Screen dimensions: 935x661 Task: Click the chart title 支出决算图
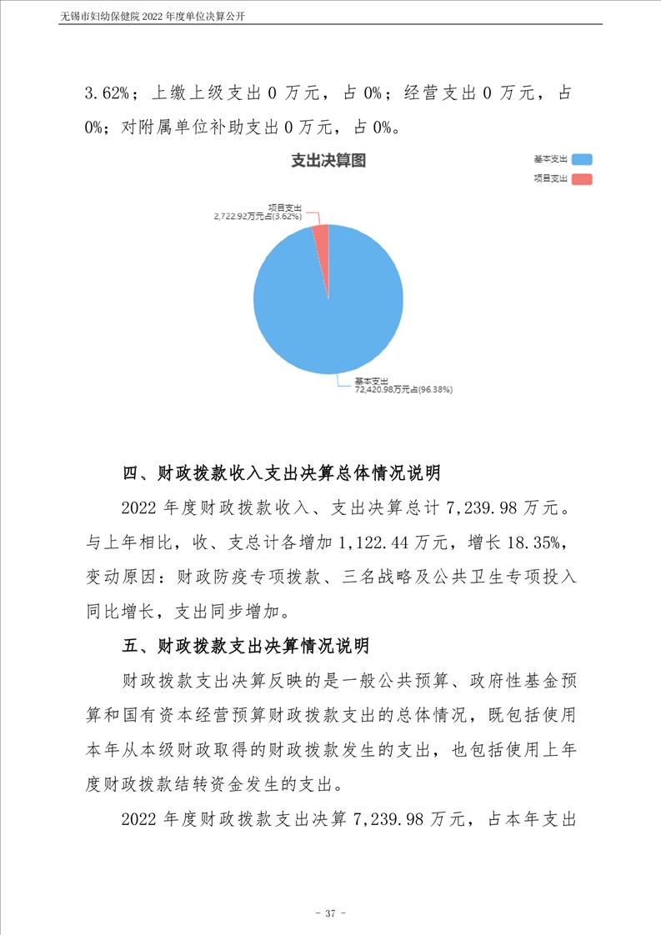pyautogui.click(x=328, y=161)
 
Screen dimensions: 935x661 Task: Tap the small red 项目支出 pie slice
pyautogui.click(x=322, y=237)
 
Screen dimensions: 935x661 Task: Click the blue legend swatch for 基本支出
pyautogui.click(x=582, y=159)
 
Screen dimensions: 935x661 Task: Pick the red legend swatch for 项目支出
pyautogui.click(x=582, y=179)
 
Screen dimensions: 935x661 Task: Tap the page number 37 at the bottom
pyautogui.click(x=330, y=914)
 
